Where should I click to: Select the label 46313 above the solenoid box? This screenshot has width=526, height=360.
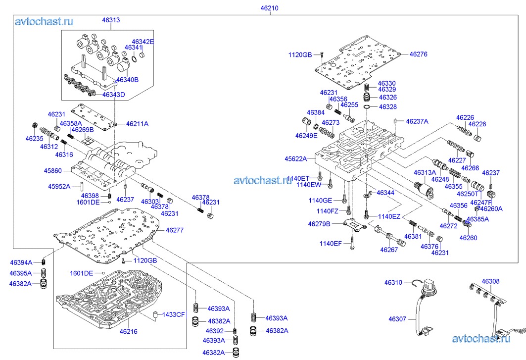point(111,20)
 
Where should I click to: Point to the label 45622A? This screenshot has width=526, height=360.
point(295,159)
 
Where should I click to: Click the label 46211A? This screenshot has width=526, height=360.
point(137,124)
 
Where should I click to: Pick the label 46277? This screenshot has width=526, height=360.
point(175,230)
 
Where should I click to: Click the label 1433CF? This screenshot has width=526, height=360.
point(173,314)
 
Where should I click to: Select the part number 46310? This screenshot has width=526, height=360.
point(394,282)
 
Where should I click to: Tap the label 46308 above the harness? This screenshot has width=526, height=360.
point(490,281)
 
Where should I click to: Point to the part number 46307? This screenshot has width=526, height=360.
point(397,319)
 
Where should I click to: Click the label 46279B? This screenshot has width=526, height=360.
point(319,224)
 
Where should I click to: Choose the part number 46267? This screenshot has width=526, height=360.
point(389,250)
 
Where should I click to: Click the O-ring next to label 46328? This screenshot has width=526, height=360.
point(367,107)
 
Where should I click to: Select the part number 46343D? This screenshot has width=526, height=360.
point(114,94)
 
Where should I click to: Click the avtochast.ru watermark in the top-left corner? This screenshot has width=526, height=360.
point(44,21)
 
